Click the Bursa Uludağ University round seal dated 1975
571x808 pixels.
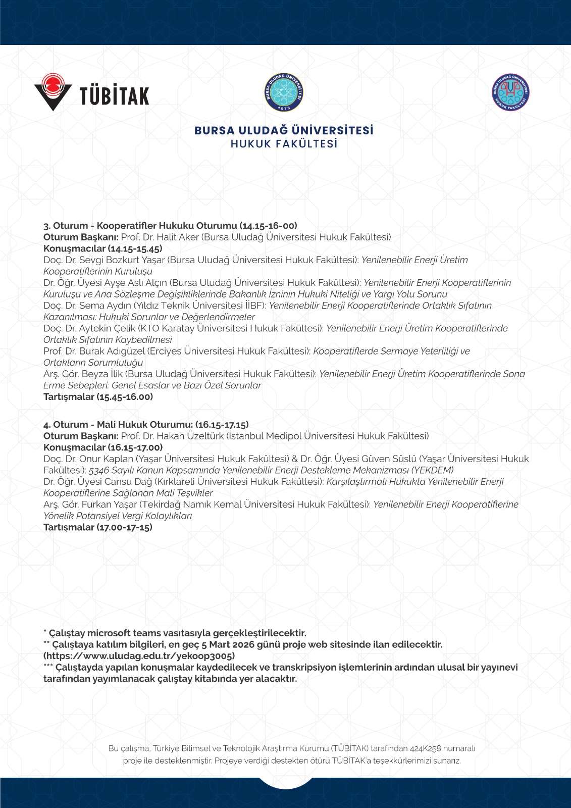pos(284,92)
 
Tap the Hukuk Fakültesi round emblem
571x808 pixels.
pos(510,92)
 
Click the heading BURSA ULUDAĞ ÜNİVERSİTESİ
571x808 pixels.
pos(284,130)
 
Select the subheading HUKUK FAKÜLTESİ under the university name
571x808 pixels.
pos(284,144)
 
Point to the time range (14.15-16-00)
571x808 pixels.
pos(268,226)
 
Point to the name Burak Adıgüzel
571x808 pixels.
pos(113,351)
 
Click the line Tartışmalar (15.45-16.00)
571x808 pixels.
pos(98,397)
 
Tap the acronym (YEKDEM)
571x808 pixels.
pos(433,470)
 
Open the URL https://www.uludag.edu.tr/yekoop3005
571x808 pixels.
pos(139,656)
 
